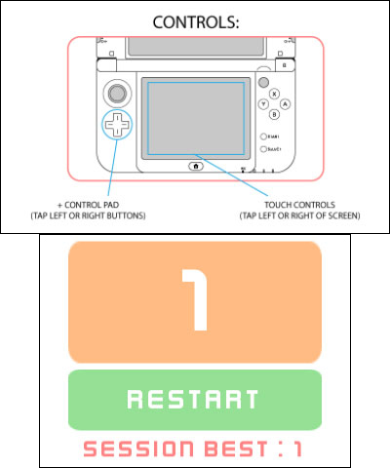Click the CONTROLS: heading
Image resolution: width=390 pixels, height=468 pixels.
point(196,22)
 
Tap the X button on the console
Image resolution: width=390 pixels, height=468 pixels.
point(274,94)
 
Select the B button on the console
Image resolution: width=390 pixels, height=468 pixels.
point(274,114)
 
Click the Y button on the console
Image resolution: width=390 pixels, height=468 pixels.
point(263,104)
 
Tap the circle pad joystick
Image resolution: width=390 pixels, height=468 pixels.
point(117,94)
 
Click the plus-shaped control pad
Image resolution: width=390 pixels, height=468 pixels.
point(117,125)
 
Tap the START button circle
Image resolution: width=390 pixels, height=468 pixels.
point(263,136)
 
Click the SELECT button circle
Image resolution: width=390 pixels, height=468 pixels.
point(263,149)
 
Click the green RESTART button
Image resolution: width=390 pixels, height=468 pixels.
point(195,400)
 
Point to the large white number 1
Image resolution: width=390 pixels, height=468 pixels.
point(195,299)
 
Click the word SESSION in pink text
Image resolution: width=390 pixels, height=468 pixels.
point(138,448)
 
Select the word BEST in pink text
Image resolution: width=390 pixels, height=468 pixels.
point(237,448)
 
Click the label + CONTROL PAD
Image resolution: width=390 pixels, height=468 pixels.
point(88,205)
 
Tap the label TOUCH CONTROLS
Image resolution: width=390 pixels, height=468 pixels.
point(299,205)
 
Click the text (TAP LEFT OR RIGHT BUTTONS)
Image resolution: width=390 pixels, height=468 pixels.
point(88,215)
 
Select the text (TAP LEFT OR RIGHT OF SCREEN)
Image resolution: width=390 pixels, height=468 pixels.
point(299,215)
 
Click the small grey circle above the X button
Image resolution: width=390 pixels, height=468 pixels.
point(263,82)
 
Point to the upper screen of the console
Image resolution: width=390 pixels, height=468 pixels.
point(196,47)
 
